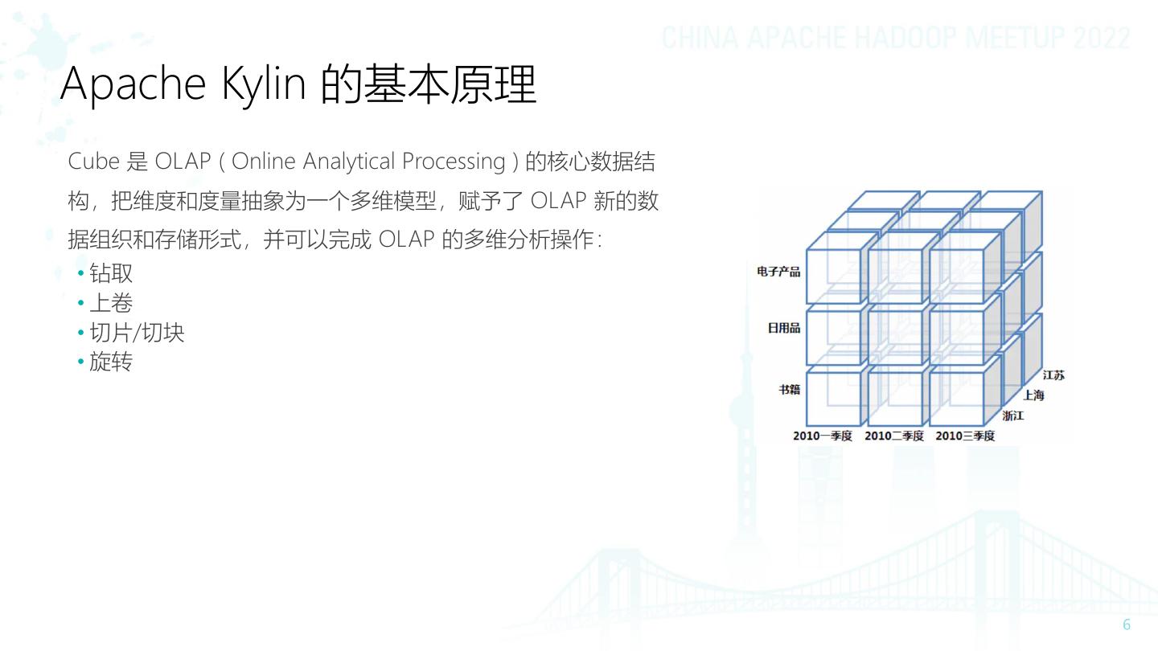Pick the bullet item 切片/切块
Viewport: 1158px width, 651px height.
[137, 333]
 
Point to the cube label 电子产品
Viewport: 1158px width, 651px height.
[778, 272]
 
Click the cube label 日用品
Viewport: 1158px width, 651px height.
[783, 328]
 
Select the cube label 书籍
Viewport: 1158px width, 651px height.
[789, 389]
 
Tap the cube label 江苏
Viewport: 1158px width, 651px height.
[1053, 375]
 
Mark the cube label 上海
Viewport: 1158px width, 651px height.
[1033, 395]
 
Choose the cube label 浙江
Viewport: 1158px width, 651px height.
[1013, 416]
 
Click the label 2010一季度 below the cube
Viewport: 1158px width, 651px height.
[825, 436]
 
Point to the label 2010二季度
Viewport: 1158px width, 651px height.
[894, 436]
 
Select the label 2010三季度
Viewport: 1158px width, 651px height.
[965, 436]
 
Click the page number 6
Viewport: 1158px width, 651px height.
[1126, 626]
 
